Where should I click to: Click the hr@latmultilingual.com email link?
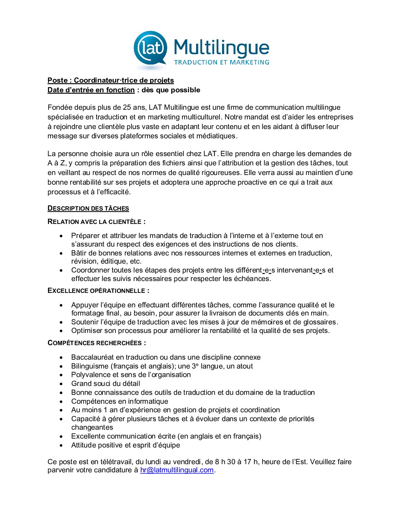[177, 470]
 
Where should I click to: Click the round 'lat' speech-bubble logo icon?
[150, 49]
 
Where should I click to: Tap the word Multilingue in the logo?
[221, 47]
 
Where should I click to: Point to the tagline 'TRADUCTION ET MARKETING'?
[221, 62]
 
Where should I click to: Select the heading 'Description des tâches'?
[88, 208]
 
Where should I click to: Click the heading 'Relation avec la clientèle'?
[96, 222]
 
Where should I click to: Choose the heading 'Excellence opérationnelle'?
[98, 291]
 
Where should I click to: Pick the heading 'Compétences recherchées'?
[97, 343]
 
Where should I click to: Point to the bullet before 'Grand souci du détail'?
[61, 384]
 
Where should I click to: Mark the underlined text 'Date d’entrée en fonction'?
[91, 90]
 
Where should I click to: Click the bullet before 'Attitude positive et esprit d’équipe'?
[61, 445]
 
